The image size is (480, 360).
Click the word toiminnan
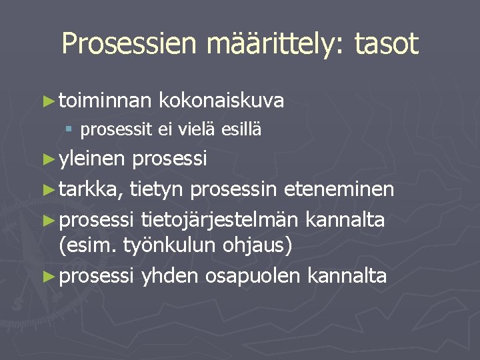click(106, 101)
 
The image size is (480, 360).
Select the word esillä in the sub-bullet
click(241, 130)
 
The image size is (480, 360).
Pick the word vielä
click(196, 130)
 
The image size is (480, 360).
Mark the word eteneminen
click(339, 190)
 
